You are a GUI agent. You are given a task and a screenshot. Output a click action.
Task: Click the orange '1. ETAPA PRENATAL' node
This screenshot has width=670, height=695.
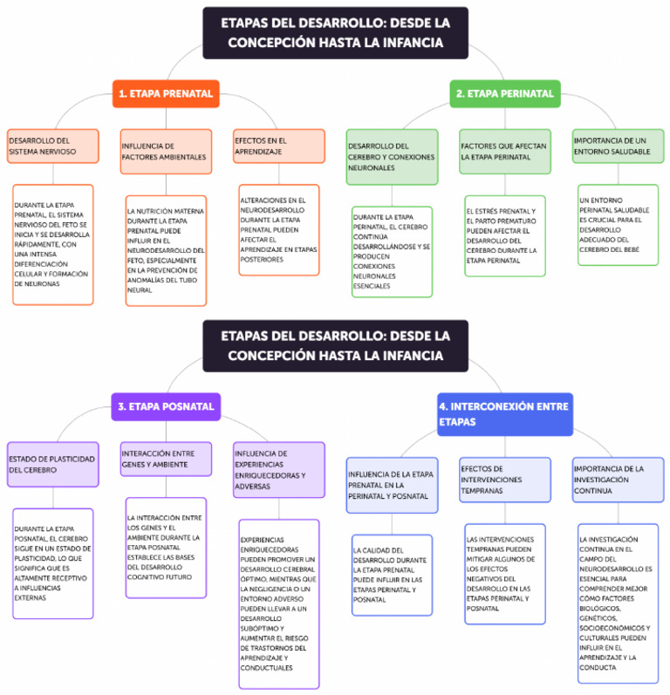(166, 93)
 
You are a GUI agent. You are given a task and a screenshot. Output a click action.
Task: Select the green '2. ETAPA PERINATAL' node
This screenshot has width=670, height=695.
(505, 93)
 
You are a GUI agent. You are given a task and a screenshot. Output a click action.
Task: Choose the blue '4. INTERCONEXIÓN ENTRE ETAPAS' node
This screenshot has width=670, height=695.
(504, 413)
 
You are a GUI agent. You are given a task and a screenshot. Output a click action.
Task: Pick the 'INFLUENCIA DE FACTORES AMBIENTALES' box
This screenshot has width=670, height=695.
(166, 152)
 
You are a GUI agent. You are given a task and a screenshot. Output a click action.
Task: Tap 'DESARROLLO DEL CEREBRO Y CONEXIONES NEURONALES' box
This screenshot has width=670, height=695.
(392, 156)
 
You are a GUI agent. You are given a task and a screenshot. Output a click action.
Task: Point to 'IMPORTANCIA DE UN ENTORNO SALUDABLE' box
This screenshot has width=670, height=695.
(618, 146)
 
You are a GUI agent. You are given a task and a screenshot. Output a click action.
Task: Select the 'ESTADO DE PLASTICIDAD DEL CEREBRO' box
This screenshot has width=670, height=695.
(52, 464)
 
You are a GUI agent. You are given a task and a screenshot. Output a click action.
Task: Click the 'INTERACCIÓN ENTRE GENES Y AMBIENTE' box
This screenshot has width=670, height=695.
(166, 459)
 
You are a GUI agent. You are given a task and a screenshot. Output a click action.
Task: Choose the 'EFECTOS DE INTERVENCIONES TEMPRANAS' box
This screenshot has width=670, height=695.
(505, 480)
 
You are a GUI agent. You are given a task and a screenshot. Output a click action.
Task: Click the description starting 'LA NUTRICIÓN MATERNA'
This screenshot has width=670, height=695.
(166, 250)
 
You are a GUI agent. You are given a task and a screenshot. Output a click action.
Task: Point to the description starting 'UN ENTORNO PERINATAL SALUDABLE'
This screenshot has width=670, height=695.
(618, 224)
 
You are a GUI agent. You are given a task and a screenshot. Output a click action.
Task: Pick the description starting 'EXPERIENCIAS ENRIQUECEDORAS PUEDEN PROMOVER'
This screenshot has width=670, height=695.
(278, 603)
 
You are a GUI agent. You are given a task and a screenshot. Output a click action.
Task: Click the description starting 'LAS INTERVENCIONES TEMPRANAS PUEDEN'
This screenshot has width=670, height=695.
(505, 573)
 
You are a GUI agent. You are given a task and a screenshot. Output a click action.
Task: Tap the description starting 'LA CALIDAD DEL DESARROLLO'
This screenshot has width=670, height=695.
(392, 575)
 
